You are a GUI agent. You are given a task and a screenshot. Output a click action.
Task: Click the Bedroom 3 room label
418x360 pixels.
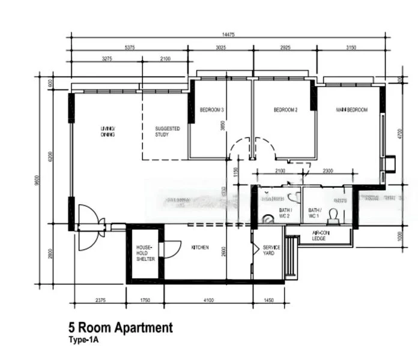(211, 110)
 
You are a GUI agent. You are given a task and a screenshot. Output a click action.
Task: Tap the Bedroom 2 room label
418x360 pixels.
(285, 110)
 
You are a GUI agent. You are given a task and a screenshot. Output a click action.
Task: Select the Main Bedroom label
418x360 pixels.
(351, 110)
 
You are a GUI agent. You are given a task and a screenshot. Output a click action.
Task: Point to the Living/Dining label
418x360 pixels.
(108, 131)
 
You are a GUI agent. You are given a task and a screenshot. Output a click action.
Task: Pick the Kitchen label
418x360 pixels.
(200, 248)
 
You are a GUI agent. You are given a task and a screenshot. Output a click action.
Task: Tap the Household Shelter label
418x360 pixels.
(145, 253)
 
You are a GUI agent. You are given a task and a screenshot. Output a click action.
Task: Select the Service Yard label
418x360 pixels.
(268, 251)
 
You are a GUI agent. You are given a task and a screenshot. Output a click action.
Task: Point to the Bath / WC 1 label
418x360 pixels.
(315, 213)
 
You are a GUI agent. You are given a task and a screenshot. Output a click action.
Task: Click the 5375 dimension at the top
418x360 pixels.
(129, 47)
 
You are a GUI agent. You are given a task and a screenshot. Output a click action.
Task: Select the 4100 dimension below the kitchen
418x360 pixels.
(208, 299)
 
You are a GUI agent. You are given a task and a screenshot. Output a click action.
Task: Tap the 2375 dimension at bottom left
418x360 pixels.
(100, 299)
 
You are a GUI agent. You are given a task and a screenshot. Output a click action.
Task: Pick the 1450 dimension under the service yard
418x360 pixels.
(268, 299)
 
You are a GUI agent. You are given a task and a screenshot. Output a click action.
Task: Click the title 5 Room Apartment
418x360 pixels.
(121, 328)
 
